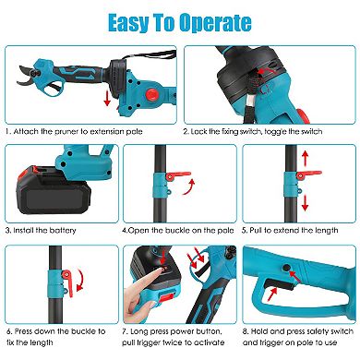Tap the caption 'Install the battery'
41,226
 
